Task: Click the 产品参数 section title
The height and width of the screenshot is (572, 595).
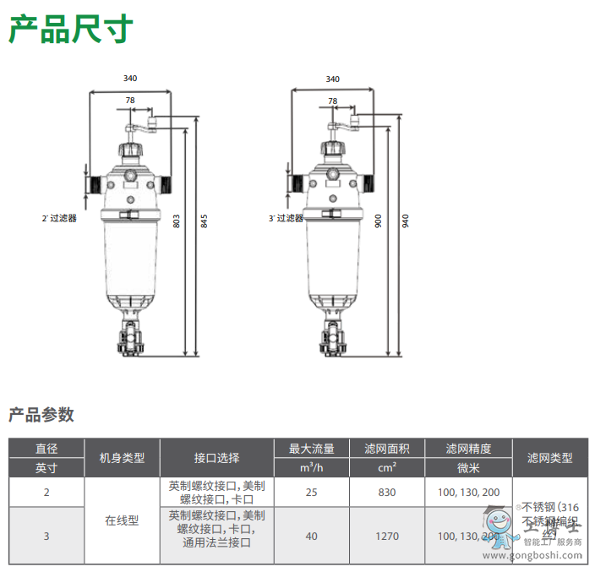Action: (41, 415)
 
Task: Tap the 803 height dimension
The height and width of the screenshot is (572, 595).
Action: (177, 221)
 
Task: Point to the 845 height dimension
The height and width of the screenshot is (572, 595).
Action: (204, 221)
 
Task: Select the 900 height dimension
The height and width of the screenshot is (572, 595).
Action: (379, 221)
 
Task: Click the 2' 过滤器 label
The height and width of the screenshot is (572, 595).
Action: (60, 218)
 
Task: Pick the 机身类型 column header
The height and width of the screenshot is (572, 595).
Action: (123, 458)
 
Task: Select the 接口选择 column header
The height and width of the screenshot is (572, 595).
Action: (217, 458)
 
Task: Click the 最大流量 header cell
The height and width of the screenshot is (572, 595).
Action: (312, 449)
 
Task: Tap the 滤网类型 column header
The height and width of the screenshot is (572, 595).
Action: (549, 458)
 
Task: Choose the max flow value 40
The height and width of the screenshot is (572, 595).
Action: (312, 536)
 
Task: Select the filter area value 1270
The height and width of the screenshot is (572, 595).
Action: (388, 536)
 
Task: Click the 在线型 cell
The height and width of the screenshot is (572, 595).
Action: (122, 520)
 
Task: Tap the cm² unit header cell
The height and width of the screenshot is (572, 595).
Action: (388, 467)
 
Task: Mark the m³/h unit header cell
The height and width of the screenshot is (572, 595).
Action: (312, 467)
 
